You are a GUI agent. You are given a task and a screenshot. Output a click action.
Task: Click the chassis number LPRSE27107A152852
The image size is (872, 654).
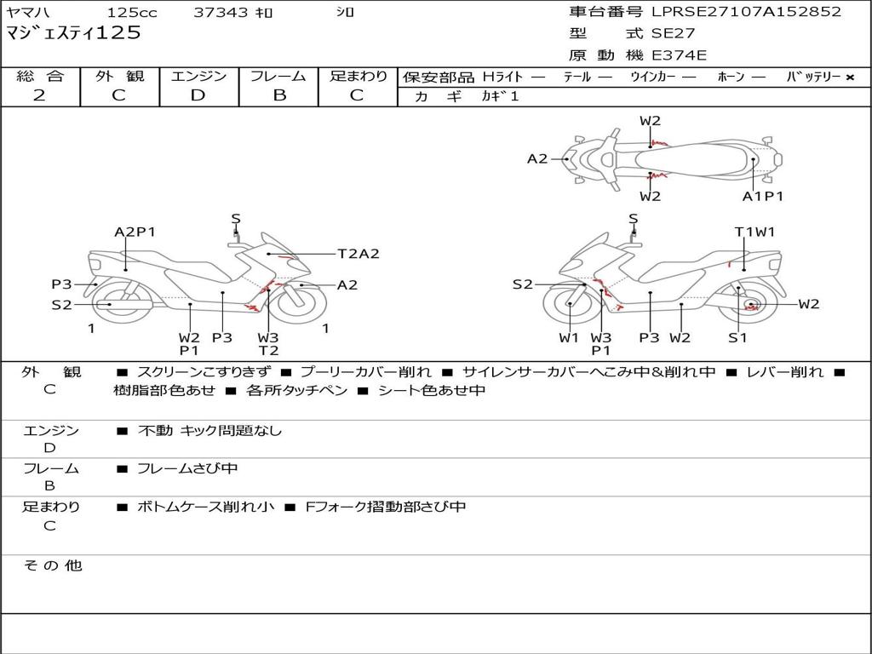click(746, 12)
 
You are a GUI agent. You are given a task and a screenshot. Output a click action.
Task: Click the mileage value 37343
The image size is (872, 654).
click(221, 13)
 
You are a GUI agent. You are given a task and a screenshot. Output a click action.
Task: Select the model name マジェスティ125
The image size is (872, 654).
click(73, 33)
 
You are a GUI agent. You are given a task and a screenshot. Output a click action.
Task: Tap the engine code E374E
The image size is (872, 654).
click(679, 55)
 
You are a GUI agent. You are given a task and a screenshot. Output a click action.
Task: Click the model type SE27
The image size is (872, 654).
click(673, 34)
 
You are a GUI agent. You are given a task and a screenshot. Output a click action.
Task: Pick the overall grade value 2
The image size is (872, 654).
click(39, 95)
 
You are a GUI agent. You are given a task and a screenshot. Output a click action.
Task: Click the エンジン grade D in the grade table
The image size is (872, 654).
click(198, 95)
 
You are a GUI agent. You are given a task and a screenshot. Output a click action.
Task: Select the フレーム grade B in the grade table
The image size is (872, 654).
click(278, 95)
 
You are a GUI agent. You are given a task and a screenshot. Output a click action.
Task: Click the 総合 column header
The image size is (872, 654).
click(40, 77)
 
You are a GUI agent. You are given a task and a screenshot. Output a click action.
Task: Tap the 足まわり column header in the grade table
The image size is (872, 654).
click(358, 77)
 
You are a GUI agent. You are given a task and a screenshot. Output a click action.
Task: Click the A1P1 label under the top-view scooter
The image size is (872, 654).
click(762, 196)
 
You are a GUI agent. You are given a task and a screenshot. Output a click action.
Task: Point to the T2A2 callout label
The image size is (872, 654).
click(358, 253)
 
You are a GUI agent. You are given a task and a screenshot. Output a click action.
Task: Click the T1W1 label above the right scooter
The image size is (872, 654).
click(754, 232)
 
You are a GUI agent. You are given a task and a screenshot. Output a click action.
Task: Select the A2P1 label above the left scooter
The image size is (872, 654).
click(135, 232)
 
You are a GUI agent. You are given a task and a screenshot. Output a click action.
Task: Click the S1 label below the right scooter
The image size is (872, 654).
click(737, 338)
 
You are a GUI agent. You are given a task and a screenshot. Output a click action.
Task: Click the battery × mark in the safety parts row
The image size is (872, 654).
click(849, 77)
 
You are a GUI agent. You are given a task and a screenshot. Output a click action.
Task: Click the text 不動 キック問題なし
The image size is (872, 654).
click(209, 431)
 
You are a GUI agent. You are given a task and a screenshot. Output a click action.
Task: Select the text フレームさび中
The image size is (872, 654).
click(187, 468)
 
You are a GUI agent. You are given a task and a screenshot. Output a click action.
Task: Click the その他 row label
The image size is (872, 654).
click(52, 565)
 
